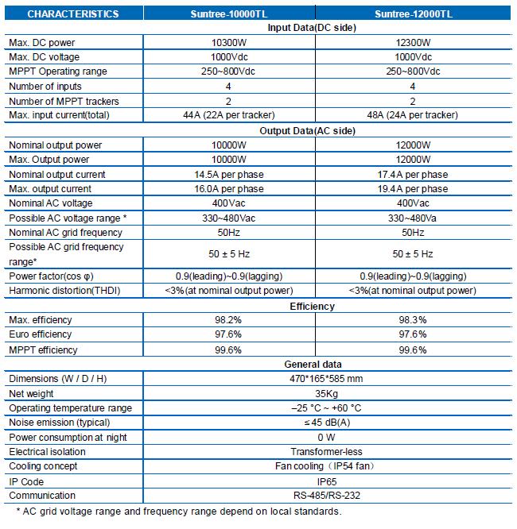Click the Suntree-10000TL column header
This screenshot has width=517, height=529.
[229, 14]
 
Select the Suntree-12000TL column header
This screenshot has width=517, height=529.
[414, 14]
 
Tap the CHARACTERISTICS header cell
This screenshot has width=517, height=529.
[73, 14]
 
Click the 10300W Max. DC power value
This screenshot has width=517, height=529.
[229, 43]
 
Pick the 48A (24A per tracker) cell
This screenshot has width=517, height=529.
[413, 115]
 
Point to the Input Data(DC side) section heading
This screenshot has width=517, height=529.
[312, 28]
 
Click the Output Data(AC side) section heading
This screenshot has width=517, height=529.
[308, 131]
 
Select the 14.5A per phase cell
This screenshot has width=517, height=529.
[229, 175]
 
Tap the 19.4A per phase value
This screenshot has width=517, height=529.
[413, 189]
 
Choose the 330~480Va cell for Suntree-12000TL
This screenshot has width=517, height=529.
[412, 218]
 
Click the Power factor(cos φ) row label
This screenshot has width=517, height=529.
[51, 276]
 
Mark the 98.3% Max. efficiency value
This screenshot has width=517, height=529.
[413, 320]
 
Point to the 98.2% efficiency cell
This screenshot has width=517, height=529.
[228, 320]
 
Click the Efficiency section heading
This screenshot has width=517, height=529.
[313, 307]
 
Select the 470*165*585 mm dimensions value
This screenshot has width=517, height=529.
[326, 379]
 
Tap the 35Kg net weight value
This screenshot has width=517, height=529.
[326, 394]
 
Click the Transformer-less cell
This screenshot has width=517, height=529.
[326, 452]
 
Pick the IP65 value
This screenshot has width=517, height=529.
[327, 482]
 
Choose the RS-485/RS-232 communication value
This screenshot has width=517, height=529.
[327, 496]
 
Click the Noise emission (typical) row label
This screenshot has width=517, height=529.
[59, 423]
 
